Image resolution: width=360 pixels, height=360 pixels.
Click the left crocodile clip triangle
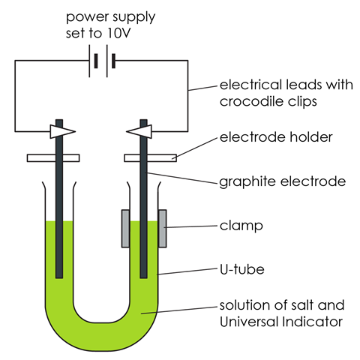point(63,131)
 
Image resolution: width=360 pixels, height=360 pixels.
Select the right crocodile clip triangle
point(139,131)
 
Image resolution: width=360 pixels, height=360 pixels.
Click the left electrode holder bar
point(53,158)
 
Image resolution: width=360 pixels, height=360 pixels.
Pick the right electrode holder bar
point(151,158)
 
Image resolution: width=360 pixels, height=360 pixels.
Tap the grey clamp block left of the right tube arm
point(125,229)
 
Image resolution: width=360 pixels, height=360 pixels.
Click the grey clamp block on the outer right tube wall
point(163,229)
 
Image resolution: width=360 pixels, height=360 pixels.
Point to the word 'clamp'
point(241,226)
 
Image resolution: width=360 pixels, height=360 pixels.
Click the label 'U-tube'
point(242,269)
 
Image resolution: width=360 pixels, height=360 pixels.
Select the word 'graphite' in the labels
point(248,181)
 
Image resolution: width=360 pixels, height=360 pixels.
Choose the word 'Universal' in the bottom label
point(249,322)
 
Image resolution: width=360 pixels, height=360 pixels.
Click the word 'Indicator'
point(313,322)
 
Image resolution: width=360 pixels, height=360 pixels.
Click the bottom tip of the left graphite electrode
point(59,277)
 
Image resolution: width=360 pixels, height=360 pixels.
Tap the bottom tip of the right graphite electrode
point(144,277)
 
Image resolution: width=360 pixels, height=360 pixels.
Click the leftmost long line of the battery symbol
point(89,61)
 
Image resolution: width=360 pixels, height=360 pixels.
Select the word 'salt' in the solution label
point(301,305)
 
